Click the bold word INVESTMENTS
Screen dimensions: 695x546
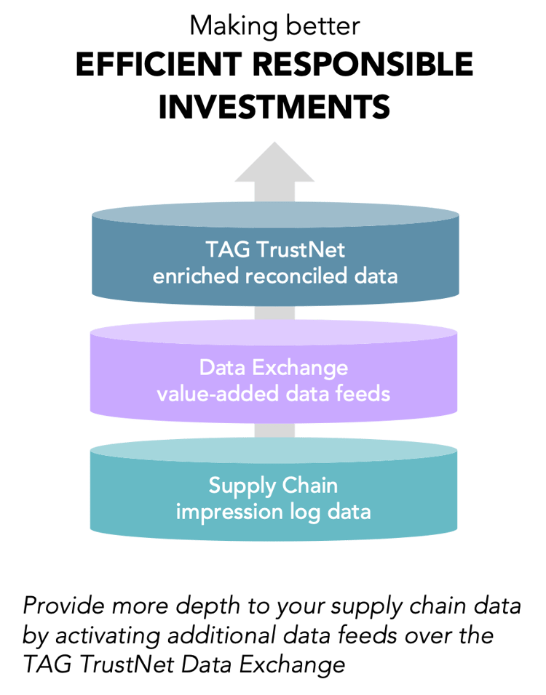tap(274, 107)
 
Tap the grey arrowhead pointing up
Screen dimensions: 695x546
tap(274, 164)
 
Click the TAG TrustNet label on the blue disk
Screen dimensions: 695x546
tap(274, 251)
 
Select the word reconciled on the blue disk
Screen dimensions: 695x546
tap(300, 276)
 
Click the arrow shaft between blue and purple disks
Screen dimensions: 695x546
tap(274, 314)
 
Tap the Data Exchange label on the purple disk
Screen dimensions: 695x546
tap(274, 369)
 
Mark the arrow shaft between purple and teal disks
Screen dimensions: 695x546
tap(274, 430)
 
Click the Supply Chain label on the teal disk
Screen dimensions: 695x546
tap(274, 485)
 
